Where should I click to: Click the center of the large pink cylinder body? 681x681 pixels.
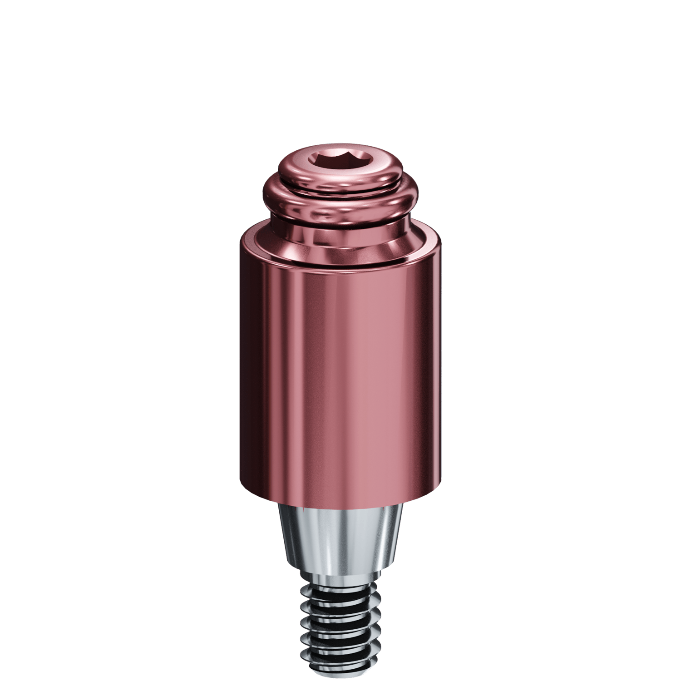click(340, 377)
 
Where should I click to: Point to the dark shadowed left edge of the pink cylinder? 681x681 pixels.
click(247, 377)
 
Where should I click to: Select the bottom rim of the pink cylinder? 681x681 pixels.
click(340, 499)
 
